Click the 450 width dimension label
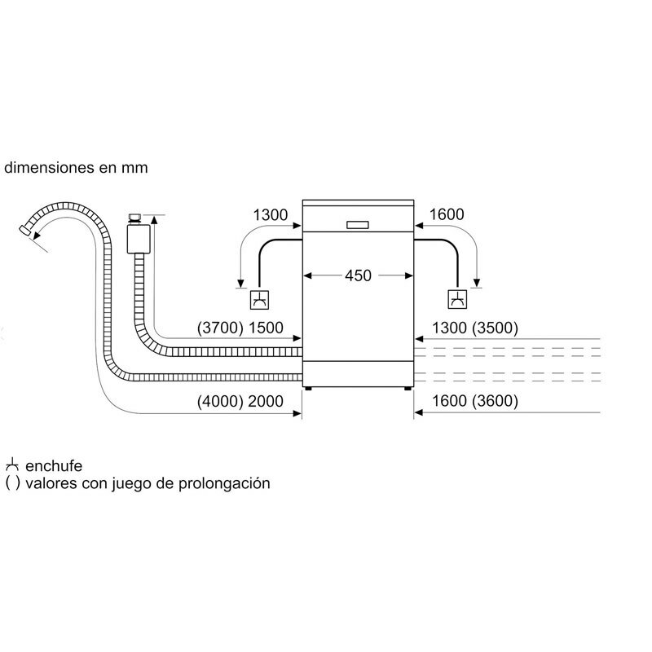(358, 275)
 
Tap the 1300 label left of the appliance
(271, 215)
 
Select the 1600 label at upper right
(446, 215)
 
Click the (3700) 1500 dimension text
(240, 328)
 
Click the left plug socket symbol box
(259, 300)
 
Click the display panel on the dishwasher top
(358, 224)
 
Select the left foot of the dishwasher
(311, 390)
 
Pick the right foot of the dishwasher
(406, 390)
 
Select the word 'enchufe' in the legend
(54, 466)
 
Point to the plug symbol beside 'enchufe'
(11, 466)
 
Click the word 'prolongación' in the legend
(231, 483)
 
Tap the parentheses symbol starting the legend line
(11, 483)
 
